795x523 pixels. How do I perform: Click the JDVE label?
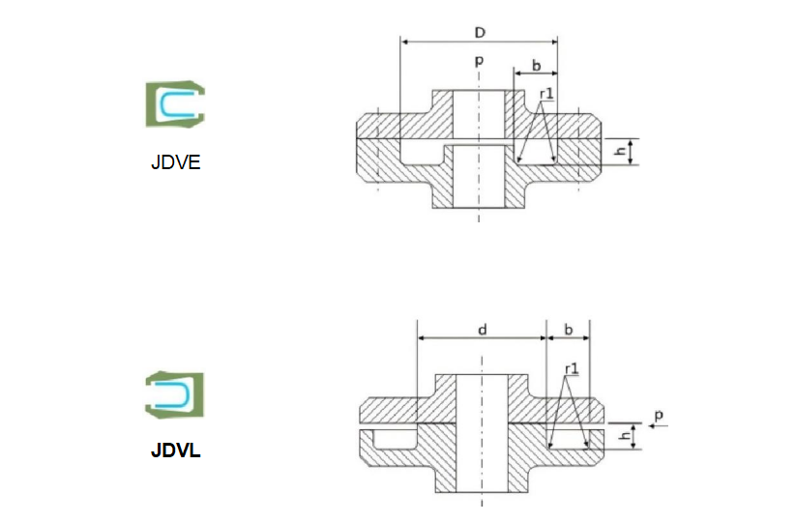pyautogui.click(x=175, y=161)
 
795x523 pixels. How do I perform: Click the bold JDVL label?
pyautogui.click(x=175, y=450)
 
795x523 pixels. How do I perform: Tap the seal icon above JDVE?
pyautogui.click(x=175, y=104)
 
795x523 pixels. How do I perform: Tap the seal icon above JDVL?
pyautogui.click(x=175, y=393)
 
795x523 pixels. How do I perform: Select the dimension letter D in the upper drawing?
pyautogui.click(x=479, y=32)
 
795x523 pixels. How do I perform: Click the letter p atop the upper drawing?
pyautogui.click(x=479, y=61)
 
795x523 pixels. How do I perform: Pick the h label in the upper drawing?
pyautogui.click(x=621, y=152)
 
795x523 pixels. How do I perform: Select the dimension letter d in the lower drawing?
pyautogui.click(x=482, y=330)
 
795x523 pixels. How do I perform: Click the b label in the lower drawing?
pyautogui.click(x=568, y=330)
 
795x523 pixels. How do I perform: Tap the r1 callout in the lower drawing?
pyautogui.click(x=571, y=369)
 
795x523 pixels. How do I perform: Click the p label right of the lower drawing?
pyautogui.click(x=658, y=416)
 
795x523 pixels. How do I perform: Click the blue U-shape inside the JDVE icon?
pyautogui.click(x=176, y=104)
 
